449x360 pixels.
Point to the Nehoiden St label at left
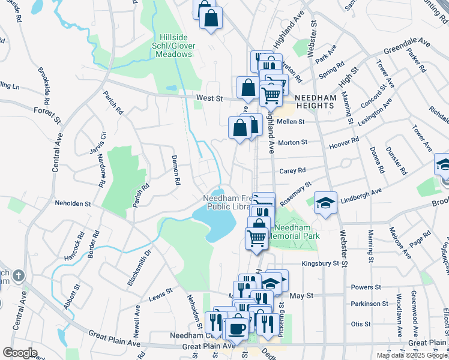(x=72, y=204)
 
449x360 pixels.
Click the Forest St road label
(x=48, y=111)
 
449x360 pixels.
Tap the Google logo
(x=20, y=352)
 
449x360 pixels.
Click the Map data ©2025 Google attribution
(x=412, y=355)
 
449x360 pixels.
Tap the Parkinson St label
(x=370, y=304)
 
